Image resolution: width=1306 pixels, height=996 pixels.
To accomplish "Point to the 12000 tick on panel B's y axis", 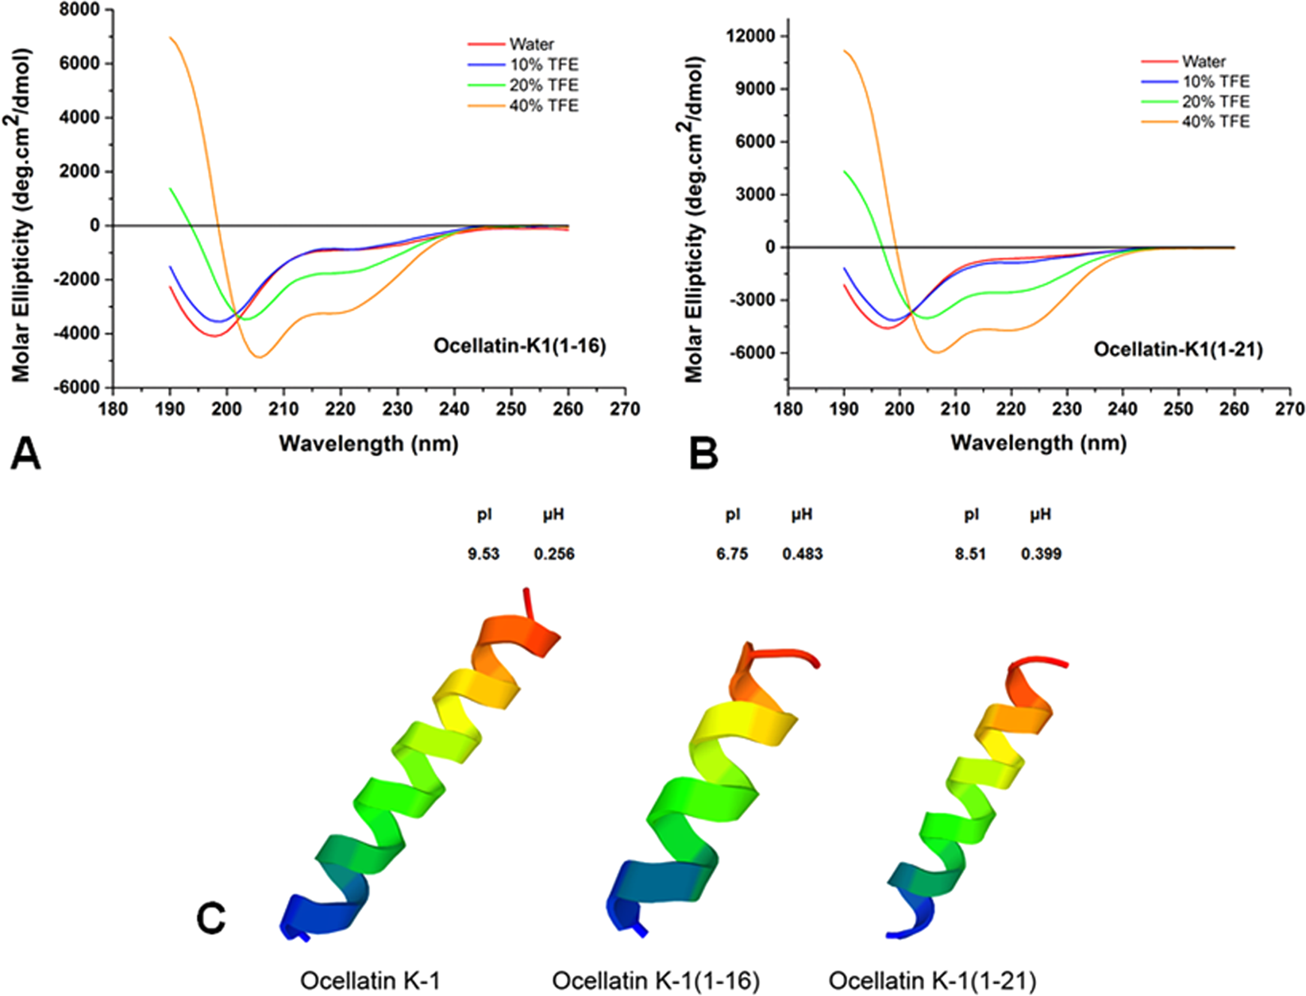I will [x=753, y=36].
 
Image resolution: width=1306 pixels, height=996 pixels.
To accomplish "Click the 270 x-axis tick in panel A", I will [x=625, y=409].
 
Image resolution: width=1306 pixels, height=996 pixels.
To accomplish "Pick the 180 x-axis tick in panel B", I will [x=788, y=409].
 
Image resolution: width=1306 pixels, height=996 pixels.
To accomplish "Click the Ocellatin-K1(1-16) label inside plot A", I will [x=519, y=346].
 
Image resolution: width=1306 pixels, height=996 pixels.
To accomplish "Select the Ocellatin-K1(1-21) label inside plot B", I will [x=1177, y=349].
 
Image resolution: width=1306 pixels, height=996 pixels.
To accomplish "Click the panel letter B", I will [x=703, y=455].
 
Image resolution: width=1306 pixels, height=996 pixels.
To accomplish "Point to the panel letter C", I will [x=211, y=919].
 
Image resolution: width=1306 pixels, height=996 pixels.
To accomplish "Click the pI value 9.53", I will [x=483, y=554].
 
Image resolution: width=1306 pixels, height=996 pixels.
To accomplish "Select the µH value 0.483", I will [x=802, y=554].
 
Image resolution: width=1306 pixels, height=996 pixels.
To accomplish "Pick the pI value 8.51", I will [x=970, y=554].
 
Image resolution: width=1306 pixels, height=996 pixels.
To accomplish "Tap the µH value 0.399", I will [x=1041, y=554].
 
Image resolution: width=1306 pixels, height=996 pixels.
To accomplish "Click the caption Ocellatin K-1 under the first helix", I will [x=370, y=981].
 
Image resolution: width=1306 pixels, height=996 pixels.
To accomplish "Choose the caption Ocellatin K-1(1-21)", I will [x=932, y=981].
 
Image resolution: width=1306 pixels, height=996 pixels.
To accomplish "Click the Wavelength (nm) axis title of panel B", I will [x=1038, y=442].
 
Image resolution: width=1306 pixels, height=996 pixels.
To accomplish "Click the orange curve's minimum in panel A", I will [x=260, y=357].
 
